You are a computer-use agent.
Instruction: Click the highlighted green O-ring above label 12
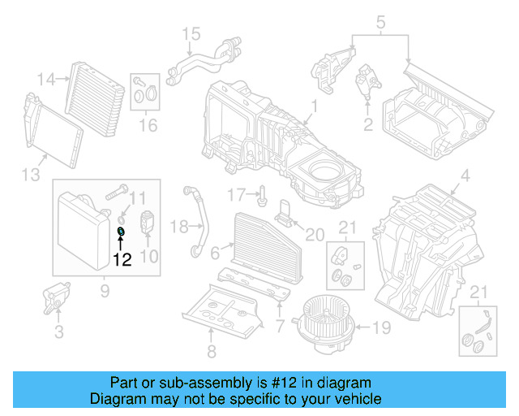click(x=121, y=232)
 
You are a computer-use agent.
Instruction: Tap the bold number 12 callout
click(x=122, y=261)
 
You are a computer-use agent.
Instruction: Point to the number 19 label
click(x=380, y=329)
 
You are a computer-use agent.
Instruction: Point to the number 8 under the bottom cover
click(x=212, y=352)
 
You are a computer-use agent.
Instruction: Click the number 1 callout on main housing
click(x=314, y=106)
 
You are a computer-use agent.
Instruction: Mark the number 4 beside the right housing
click(x=465, y=175)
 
